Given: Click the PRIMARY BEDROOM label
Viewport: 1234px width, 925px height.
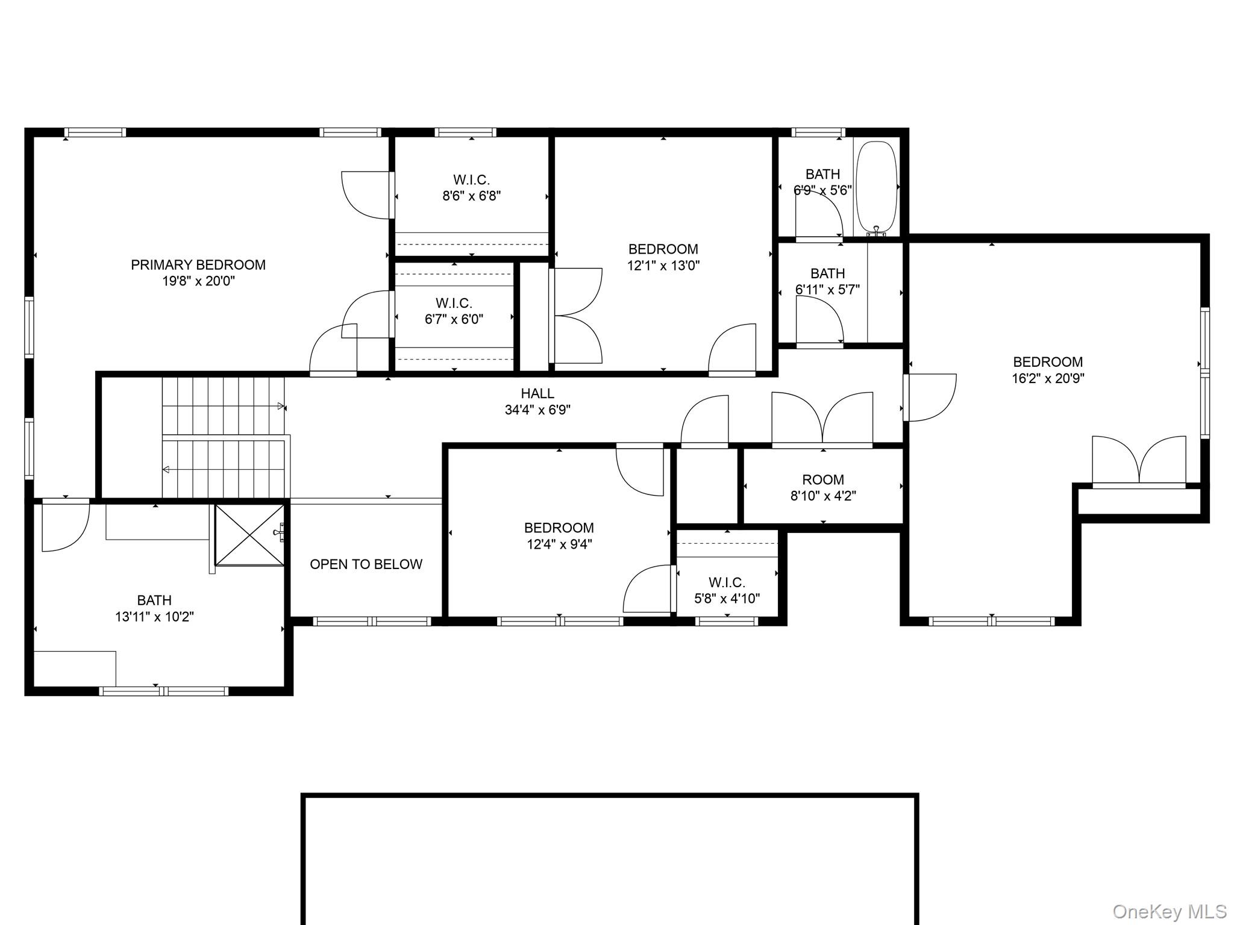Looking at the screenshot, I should tap(198, 265).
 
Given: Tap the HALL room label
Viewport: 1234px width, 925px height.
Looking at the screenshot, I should tap(537, 394).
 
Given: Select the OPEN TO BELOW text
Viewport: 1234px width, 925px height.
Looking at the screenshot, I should tap(366, 564).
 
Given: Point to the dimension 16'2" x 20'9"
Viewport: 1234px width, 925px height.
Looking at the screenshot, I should tap(1048, 379).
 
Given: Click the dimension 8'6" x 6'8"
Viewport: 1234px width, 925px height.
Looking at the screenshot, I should tap(471, 196).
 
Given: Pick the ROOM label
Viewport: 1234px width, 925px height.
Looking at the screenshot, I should tap(823, 480).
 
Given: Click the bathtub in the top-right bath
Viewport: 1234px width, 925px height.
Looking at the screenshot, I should tap(877, 187).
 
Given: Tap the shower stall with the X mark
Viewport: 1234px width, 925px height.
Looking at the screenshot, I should tap(249, 535).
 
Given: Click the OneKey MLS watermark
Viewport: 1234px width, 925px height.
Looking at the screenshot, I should tap(1169, 911).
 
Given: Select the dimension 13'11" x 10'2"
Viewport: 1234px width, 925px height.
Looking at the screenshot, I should tap(154, 617).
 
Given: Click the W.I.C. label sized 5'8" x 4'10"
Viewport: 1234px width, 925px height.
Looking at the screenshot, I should tap(727, 582).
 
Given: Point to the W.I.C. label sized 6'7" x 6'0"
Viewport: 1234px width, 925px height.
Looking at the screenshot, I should tap(454, 303).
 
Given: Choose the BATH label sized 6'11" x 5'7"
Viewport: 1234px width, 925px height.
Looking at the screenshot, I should tap(827, 273).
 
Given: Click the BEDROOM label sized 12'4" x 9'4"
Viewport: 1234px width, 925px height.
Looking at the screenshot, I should tap(559, 528).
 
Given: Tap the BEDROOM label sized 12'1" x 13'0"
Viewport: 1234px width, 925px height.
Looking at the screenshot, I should tap(663, 249).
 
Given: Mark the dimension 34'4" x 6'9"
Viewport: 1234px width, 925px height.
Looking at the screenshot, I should tap(537, 410).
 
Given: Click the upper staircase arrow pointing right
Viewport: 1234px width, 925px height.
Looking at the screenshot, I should tap(280, 406).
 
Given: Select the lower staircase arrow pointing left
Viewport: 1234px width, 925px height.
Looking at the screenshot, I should tap(166, 470).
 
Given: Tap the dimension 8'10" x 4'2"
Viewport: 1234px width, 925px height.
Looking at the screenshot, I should tap(823, 496).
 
